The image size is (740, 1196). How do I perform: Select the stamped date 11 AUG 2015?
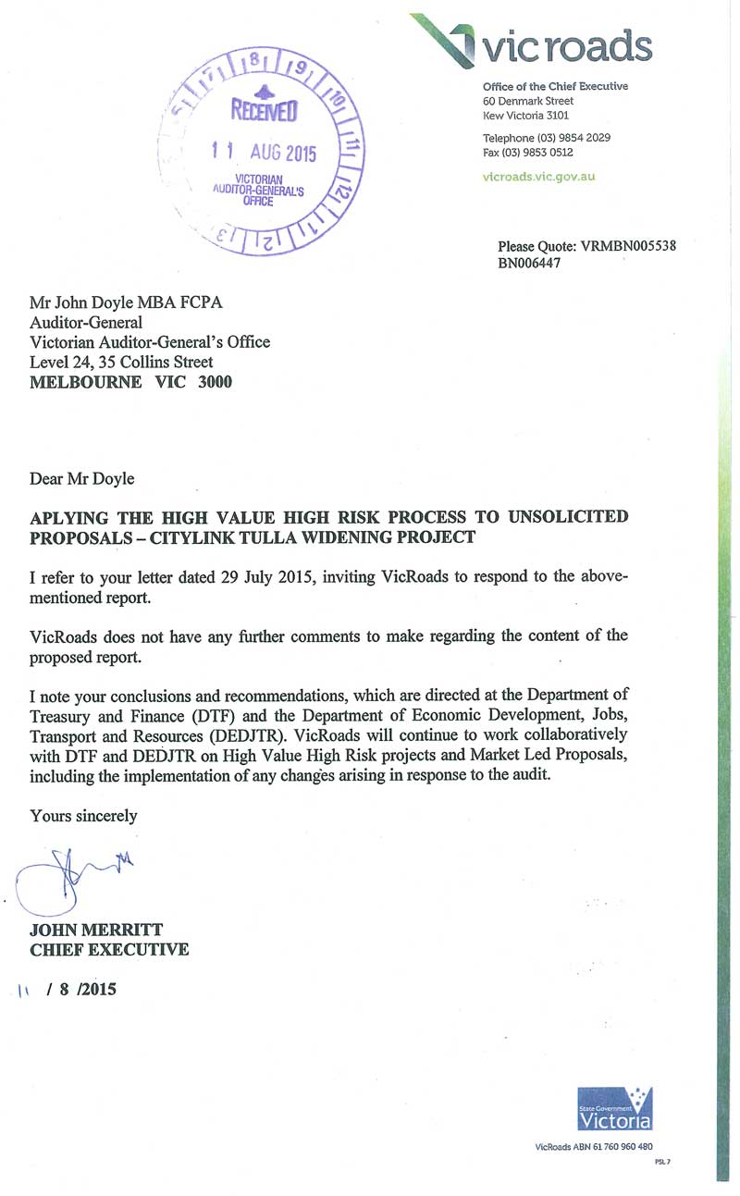[264, 153]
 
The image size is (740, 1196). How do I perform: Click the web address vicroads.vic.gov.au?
[538, 176]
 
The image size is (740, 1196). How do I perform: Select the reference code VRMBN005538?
[627, 247]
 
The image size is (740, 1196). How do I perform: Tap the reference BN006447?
[529, 263]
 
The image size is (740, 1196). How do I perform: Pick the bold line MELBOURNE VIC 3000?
[131, 380]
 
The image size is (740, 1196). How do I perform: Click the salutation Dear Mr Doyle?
[82, 478]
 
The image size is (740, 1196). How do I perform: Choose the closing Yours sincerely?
[83, 815]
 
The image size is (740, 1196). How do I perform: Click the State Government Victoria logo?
[614, 1107]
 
